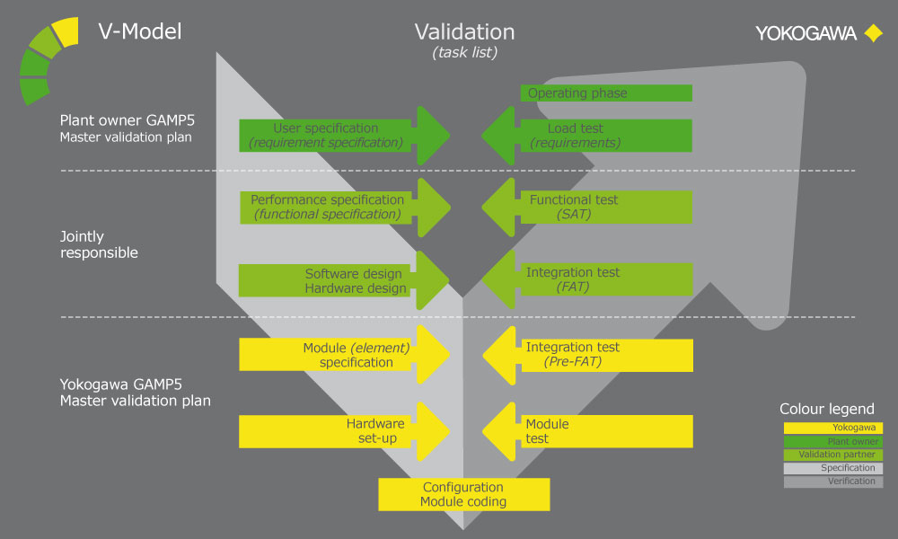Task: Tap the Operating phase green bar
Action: tap(606, 93)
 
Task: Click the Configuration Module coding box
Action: tap(463, 494)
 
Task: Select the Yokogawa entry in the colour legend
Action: tap(833, 429)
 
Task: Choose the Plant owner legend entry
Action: tap(833, 442)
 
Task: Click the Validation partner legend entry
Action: tap(833, 455)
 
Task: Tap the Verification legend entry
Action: tap(833, 482)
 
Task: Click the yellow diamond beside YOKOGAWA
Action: tap(872, 33)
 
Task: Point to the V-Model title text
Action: tap(139, 32)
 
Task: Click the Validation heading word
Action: tap(464, 32)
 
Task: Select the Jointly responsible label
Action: tap(99, 245)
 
